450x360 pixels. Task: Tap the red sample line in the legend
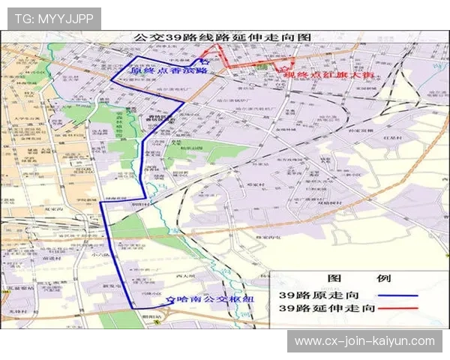pyautogui.click(x=398, y=308)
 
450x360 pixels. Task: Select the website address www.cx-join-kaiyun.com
pyautogui.click(x=364, y=340)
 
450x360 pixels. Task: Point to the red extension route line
pyautogui.click(x=247, y=61)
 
